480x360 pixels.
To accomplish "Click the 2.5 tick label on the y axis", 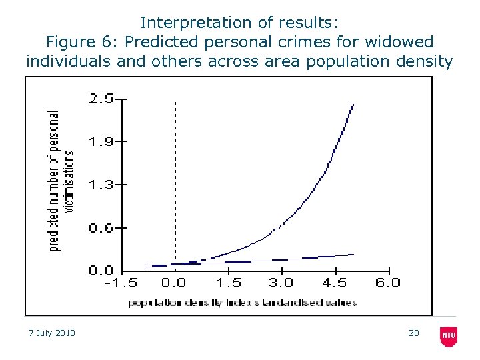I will click(101, 99).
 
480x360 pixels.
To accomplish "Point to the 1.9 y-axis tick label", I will click(101, 141).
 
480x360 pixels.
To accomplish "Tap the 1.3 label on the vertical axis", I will click(101, 185).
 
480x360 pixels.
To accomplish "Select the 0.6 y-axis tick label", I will click(101, 228).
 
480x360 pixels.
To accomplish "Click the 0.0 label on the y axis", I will click(101, 271).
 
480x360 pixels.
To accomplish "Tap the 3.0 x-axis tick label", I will click(281, 283).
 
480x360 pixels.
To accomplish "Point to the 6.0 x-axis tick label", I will click(387, 283).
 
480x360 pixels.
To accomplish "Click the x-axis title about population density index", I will click(242, 303).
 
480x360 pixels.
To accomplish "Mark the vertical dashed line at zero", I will click(175, 180).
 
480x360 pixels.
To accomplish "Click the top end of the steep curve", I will click(353, 105).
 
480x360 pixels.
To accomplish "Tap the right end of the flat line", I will click(353, 254).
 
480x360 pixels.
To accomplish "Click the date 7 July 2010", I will click(53, 333).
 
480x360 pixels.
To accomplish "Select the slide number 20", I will click(413, 333).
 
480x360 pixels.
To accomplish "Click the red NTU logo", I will click(449, 336).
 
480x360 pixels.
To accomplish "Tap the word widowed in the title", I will click(401, 42).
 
